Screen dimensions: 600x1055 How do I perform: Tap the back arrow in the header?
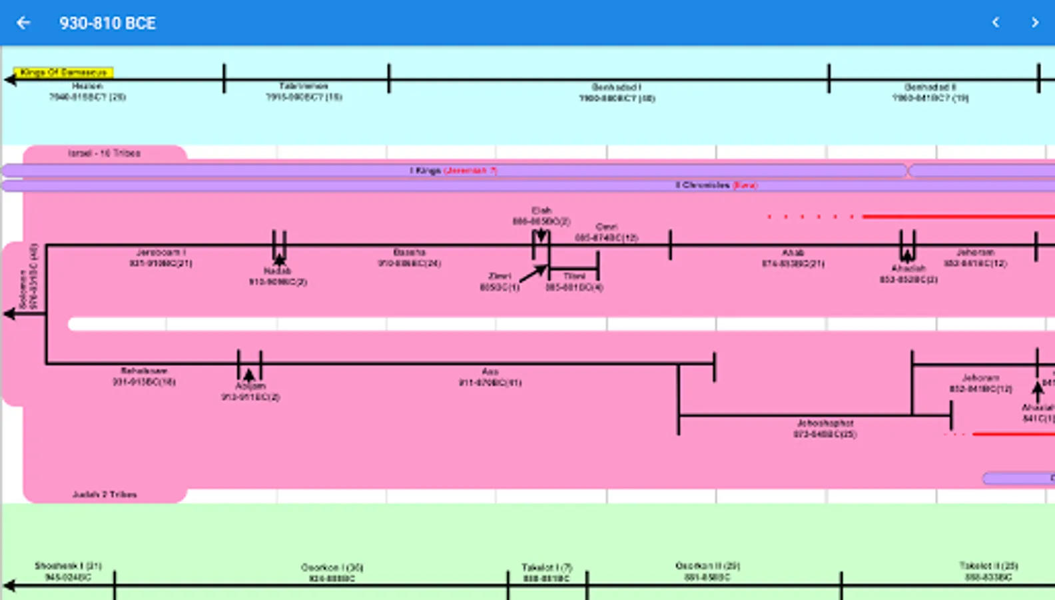click(23, 23)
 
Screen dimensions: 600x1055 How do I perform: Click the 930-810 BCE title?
click(107, 23)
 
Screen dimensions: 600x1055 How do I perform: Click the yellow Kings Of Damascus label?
click(63, 72)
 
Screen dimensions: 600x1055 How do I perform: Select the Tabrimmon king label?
click(304, 91)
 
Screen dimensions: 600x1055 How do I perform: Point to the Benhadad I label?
click(617, 92)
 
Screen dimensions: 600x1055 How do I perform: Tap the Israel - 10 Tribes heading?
click(105, 153)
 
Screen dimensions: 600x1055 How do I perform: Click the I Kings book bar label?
click(453, 171)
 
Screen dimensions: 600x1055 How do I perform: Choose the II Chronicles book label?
click(716, 185)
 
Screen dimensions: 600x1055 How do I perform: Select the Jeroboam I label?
click(161, 258)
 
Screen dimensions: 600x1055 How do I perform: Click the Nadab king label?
click(278, 276)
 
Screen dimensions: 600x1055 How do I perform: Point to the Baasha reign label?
click(409, 258)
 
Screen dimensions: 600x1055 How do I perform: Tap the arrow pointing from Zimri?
click(533, 273)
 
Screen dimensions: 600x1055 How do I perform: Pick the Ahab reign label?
click(793, 258)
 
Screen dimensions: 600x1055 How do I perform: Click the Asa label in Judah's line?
click(490, 377)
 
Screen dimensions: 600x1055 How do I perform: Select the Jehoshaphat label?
click(825, 428)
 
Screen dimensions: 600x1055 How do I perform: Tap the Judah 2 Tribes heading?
click(105, 495)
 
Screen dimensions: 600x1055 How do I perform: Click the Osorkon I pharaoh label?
click(332, 573)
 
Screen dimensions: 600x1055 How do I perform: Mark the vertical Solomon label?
click(28, 277)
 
